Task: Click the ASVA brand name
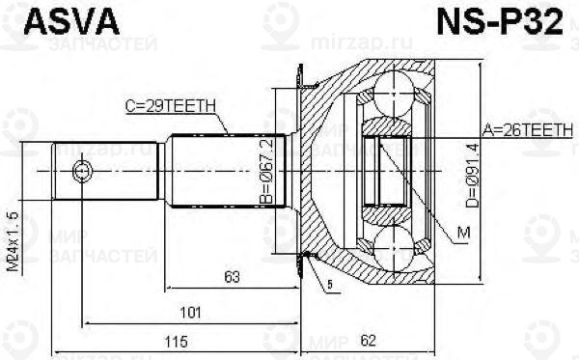61,21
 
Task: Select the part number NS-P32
507,21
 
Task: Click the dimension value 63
231,278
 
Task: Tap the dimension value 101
191,311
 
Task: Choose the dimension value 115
174,342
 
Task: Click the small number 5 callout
328,285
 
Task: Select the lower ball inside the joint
395,245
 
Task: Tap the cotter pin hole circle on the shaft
82,171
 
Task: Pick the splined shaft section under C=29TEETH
227,171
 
